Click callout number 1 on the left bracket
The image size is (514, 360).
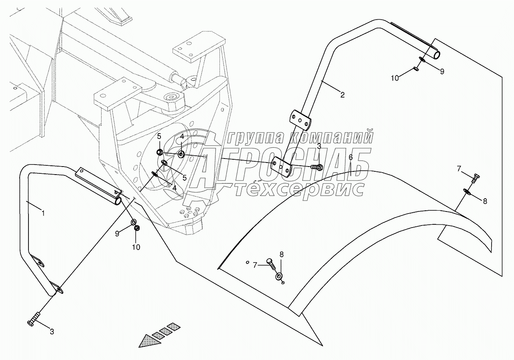tap(43, 213)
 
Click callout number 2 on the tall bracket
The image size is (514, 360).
tap(342, 95)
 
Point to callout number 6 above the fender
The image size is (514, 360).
tap(350, 157)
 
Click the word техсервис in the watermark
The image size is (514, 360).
tap(299, 189)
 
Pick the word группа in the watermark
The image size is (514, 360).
tap(256, 138)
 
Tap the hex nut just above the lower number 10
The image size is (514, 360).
tap(136, 228)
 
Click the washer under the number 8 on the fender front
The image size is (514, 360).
tap(279, 277)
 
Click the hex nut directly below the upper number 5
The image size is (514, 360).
tap(159, 153)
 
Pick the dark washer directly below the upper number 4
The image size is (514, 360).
tap(181, 155)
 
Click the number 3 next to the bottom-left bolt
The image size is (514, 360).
tap(52, 332)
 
